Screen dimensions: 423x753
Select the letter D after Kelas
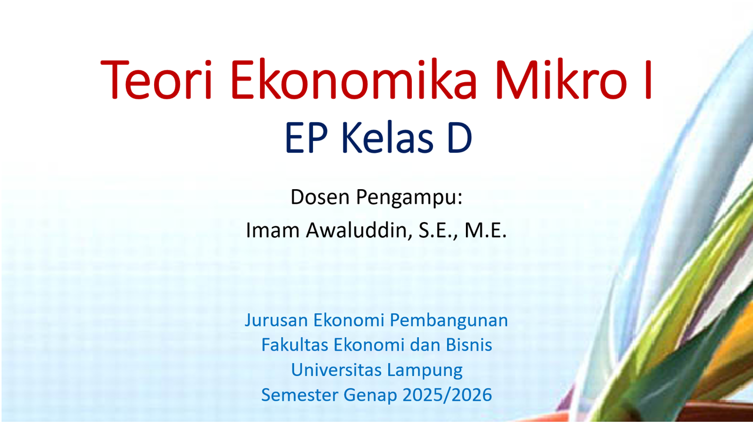pyautogui.click(x=459, y=139)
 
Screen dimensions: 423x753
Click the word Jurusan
pyautogui.click(x=276, y=321)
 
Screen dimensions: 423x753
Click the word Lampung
pyautogui.click(x=424, y=371)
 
